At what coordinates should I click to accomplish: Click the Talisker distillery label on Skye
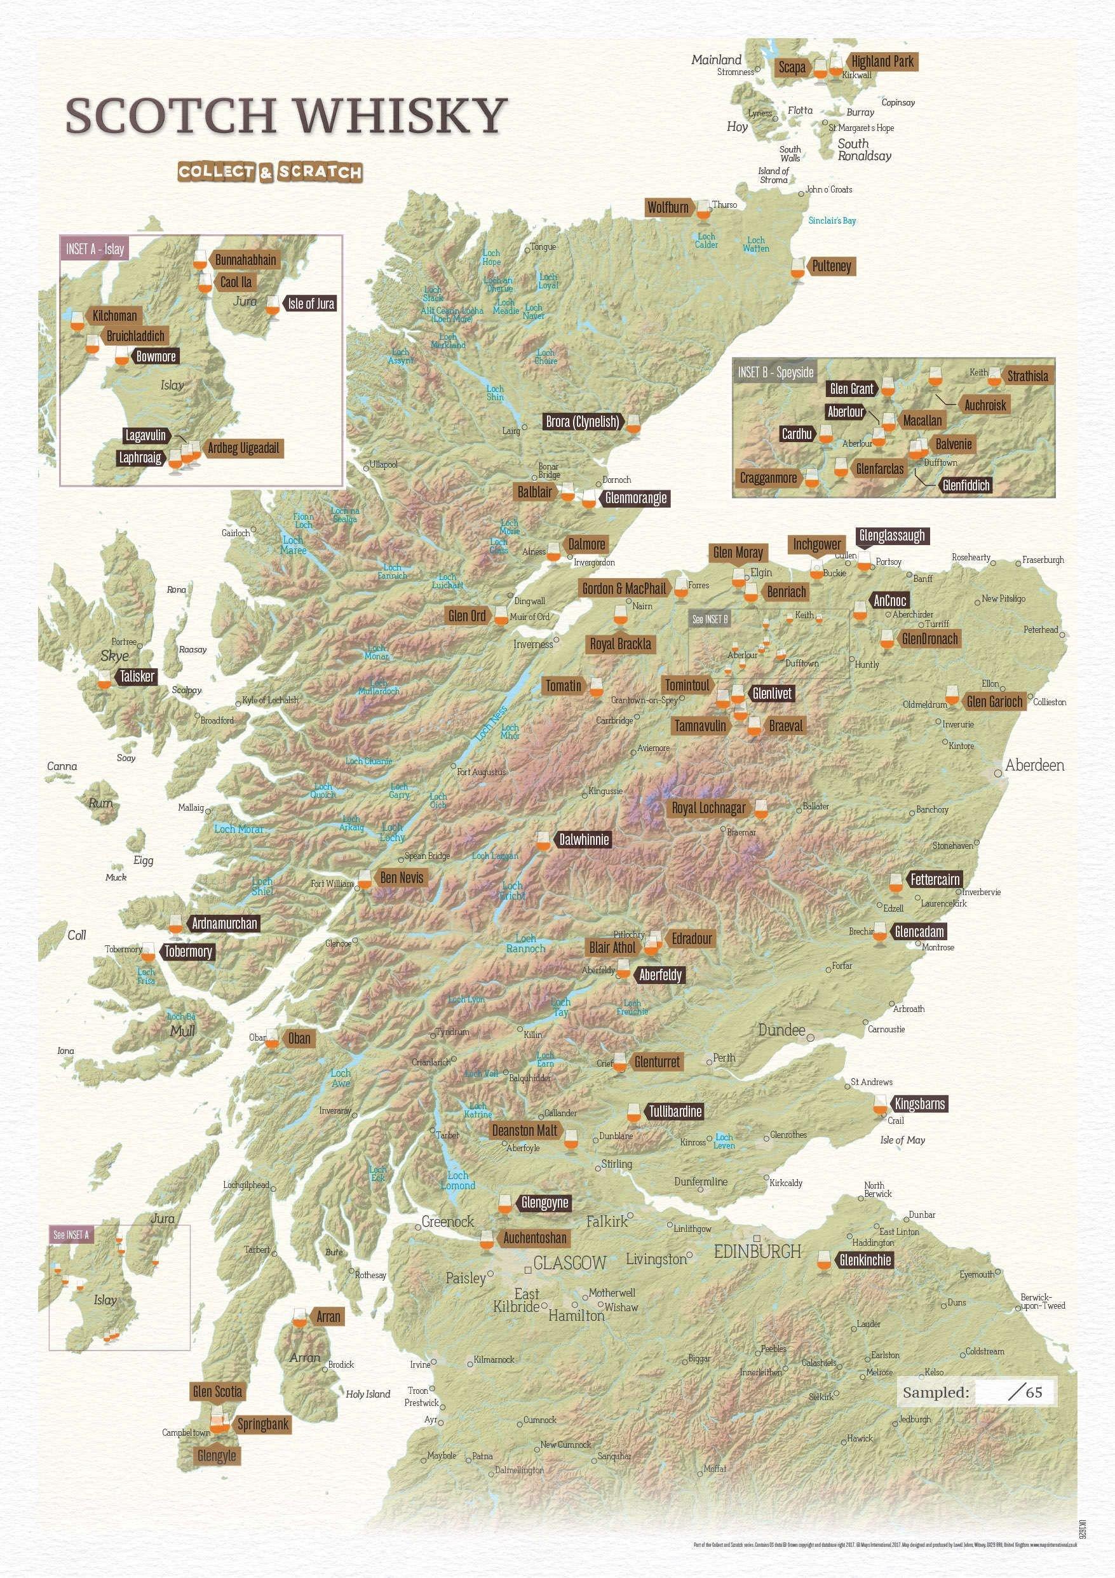pos(137,677)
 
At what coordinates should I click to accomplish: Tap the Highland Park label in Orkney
pos(882,61)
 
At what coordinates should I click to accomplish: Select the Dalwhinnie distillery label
pos(583,839)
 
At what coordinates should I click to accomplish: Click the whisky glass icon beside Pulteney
pos(797,269)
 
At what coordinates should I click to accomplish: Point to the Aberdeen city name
pos(1034,765)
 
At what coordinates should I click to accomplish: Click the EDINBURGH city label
pos(757,1251)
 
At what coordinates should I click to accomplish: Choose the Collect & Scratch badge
pos(269,172)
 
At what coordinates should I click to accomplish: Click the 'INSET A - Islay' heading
pos(95,249)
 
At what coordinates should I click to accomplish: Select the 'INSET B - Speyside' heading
pos(775,372)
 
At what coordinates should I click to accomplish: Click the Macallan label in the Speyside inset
pos(922,420)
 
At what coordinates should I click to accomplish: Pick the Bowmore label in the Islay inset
pos(156,356)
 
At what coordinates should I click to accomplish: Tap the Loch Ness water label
pos(491,724)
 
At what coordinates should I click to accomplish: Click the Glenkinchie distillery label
pos(865,1260)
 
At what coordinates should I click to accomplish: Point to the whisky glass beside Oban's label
pos(272,1039)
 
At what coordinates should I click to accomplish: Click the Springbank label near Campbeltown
pos(262,1424)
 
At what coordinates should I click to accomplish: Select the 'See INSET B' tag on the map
pos(710,619)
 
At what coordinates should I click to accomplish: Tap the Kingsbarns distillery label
pos(919,1105)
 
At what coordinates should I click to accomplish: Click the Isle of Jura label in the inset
pos(310,304)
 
